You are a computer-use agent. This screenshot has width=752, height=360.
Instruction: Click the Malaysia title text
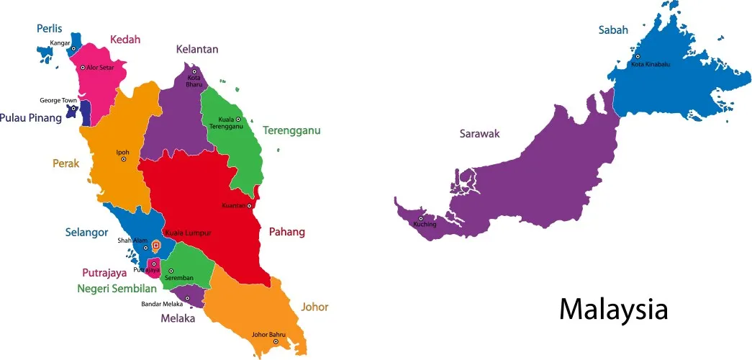pyautogui.click(x=613, y=310)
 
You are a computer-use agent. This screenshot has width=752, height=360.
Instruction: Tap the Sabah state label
pyautogui.click(x=613, y=30)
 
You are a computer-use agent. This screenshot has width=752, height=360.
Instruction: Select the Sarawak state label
pyautogui.click(x=479, y=133)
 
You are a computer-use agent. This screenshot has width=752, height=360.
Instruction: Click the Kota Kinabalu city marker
pyautogui.click(x=637, y=56)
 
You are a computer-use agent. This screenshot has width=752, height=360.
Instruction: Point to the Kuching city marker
pyautogui.click(x=420, y=217)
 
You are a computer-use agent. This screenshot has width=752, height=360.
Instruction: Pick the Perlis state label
pyautogui.click(x=50, y=29)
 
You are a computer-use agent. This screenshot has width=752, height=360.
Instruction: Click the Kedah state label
pyautogui.click(x=125, y=40)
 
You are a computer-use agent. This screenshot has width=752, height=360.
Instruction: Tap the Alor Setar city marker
pyautogui.click(x=83, y=67)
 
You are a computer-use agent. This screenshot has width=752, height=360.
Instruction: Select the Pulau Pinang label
pyautogui.click(x=31, y=117)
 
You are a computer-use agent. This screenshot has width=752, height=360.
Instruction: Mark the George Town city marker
pyautogui.click(x=73, y=109)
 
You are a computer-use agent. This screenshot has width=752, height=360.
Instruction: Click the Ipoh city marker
pyautogui.click(x=123, y=159)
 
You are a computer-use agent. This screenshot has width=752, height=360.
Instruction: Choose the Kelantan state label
pyautogui.click(x=197, y=50)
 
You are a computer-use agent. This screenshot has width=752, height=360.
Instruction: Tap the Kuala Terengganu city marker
pyautogui.click(x=238, y=119)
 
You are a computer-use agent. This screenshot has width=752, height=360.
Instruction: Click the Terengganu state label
pyautogui.click(x=291, y=130)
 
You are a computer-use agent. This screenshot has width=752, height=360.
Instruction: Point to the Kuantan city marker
pyautogui.click(x=249, y=206)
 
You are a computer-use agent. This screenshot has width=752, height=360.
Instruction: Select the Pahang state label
pyautogui.click(x=287, y=232)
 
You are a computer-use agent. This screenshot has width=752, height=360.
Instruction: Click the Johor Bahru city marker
pyautogui.click(x=275, y=341)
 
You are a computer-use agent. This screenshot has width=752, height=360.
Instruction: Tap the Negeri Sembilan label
pyautogui.click(x=117, y=289)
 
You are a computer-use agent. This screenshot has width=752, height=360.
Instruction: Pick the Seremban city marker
pyautogui.click(x=171, y=271)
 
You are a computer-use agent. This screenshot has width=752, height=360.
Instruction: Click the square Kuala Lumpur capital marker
pyautogui.click(x=156, y=246)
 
